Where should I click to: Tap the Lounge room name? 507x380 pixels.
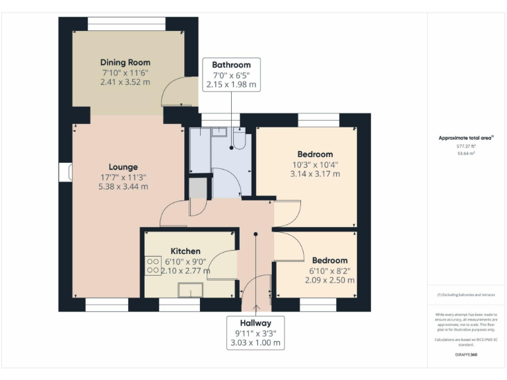(x=123, y=167)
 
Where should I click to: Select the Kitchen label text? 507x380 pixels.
(x=186, y=251)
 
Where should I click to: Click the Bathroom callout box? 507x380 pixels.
(x=231, y=75)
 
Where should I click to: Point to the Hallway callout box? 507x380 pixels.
(x=255, y=332)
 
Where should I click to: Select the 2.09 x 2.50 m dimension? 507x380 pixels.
(x=329, y=280)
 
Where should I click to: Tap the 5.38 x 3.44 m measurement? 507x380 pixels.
(x=123, y=187)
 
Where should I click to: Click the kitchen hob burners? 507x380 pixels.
(x=152, y=265)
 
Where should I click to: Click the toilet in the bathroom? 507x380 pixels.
(x=239, y=139)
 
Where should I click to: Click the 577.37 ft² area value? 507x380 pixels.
(x=467, y=146)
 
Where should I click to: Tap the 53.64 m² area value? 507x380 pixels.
(x=467, y=153)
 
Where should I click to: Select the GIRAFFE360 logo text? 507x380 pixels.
(x=467, y=355)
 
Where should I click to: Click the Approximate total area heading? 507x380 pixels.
(x=467, y=138)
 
